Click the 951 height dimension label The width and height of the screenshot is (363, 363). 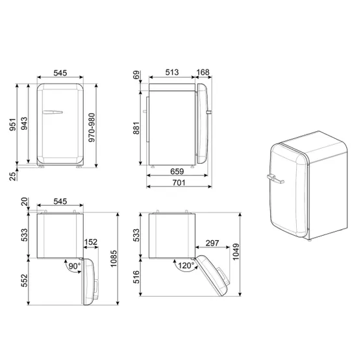pos(12,124)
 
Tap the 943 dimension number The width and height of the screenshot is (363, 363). pos(24,123)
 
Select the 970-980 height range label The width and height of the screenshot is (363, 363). pos(92,127)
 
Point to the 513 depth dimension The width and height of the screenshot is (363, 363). pos(172,72)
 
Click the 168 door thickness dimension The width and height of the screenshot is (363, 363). pos(203,72)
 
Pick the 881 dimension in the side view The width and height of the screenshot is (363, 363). pos(136,128)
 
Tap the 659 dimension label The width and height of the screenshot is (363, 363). pos(177,171)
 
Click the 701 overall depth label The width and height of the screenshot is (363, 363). pos(179,183)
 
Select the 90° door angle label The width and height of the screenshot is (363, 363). pos(75,266)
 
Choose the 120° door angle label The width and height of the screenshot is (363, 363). pos(186,266)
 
